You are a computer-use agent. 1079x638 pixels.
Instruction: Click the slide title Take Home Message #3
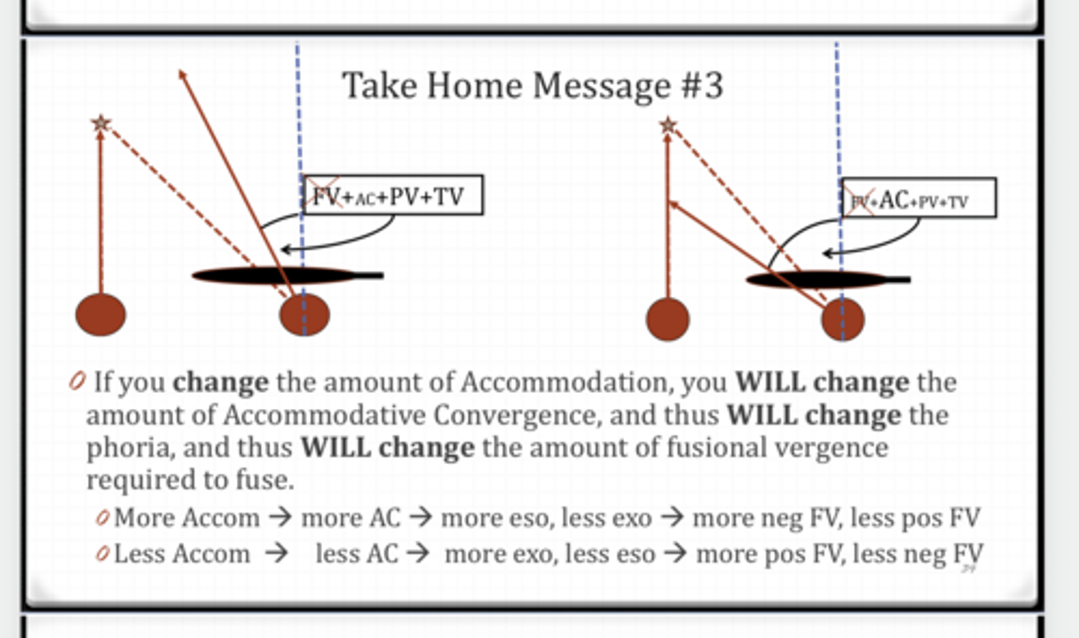point(533,85)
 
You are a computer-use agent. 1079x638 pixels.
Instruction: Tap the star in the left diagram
point(100,123)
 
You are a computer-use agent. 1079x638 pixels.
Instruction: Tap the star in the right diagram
point(668,125)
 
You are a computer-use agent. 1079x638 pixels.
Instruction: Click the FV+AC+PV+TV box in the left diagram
point(393,195)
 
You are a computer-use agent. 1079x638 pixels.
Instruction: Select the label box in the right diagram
point(919,198)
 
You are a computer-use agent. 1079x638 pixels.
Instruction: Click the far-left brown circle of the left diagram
point(100,315)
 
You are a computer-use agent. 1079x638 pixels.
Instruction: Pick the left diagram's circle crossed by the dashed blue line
point(304,315)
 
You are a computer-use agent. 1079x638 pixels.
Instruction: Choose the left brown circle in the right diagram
point(668,319)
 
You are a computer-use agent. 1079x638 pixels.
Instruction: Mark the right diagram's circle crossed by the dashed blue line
point(843,319)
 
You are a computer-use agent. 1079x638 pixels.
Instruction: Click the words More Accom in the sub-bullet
point(187,517)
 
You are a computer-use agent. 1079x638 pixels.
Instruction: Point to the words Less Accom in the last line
point(182,553)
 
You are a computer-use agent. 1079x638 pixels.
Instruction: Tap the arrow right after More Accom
point(280,517)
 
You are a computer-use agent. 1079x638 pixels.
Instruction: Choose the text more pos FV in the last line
point(770,553)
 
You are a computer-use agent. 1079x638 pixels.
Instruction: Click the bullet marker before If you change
point(77,381)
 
